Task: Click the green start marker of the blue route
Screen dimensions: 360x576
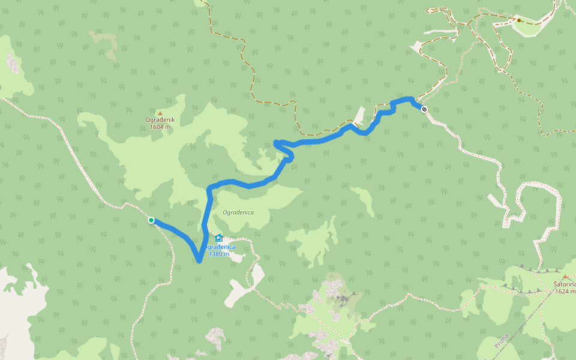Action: [151, 220]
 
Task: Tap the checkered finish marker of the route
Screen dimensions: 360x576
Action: [424, 109]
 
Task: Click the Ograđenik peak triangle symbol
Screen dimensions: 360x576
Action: [160, 113]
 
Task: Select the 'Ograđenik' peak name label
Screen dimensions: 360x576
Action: [160, 120]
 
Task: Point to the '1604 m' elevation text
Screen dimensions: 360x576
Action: [160, 127]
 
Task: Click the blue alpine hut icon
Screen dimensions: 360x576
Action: [218, 238]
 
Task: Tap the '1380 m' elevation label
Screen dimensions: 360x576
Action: [219, 254]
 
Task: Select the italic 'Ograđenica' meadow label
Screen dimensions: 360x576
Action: [238, 212]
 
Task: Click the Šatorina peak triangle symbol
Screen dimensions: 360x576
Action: [565, 277]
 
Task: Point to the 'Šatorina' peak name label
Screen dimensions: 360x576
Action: [564, 284]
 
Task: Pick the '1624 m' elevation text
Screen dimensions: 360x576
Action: [565, 292]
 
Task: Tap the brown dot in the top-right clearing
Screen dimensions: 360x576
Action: [519, 20]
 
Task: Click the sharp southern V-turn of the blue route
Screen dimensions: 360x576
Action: [199, 260]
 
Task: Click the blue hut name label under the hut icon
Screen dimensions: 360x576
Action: [219, 247]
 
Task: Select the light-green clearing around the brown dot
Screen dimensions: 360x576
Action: [531, 27]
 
